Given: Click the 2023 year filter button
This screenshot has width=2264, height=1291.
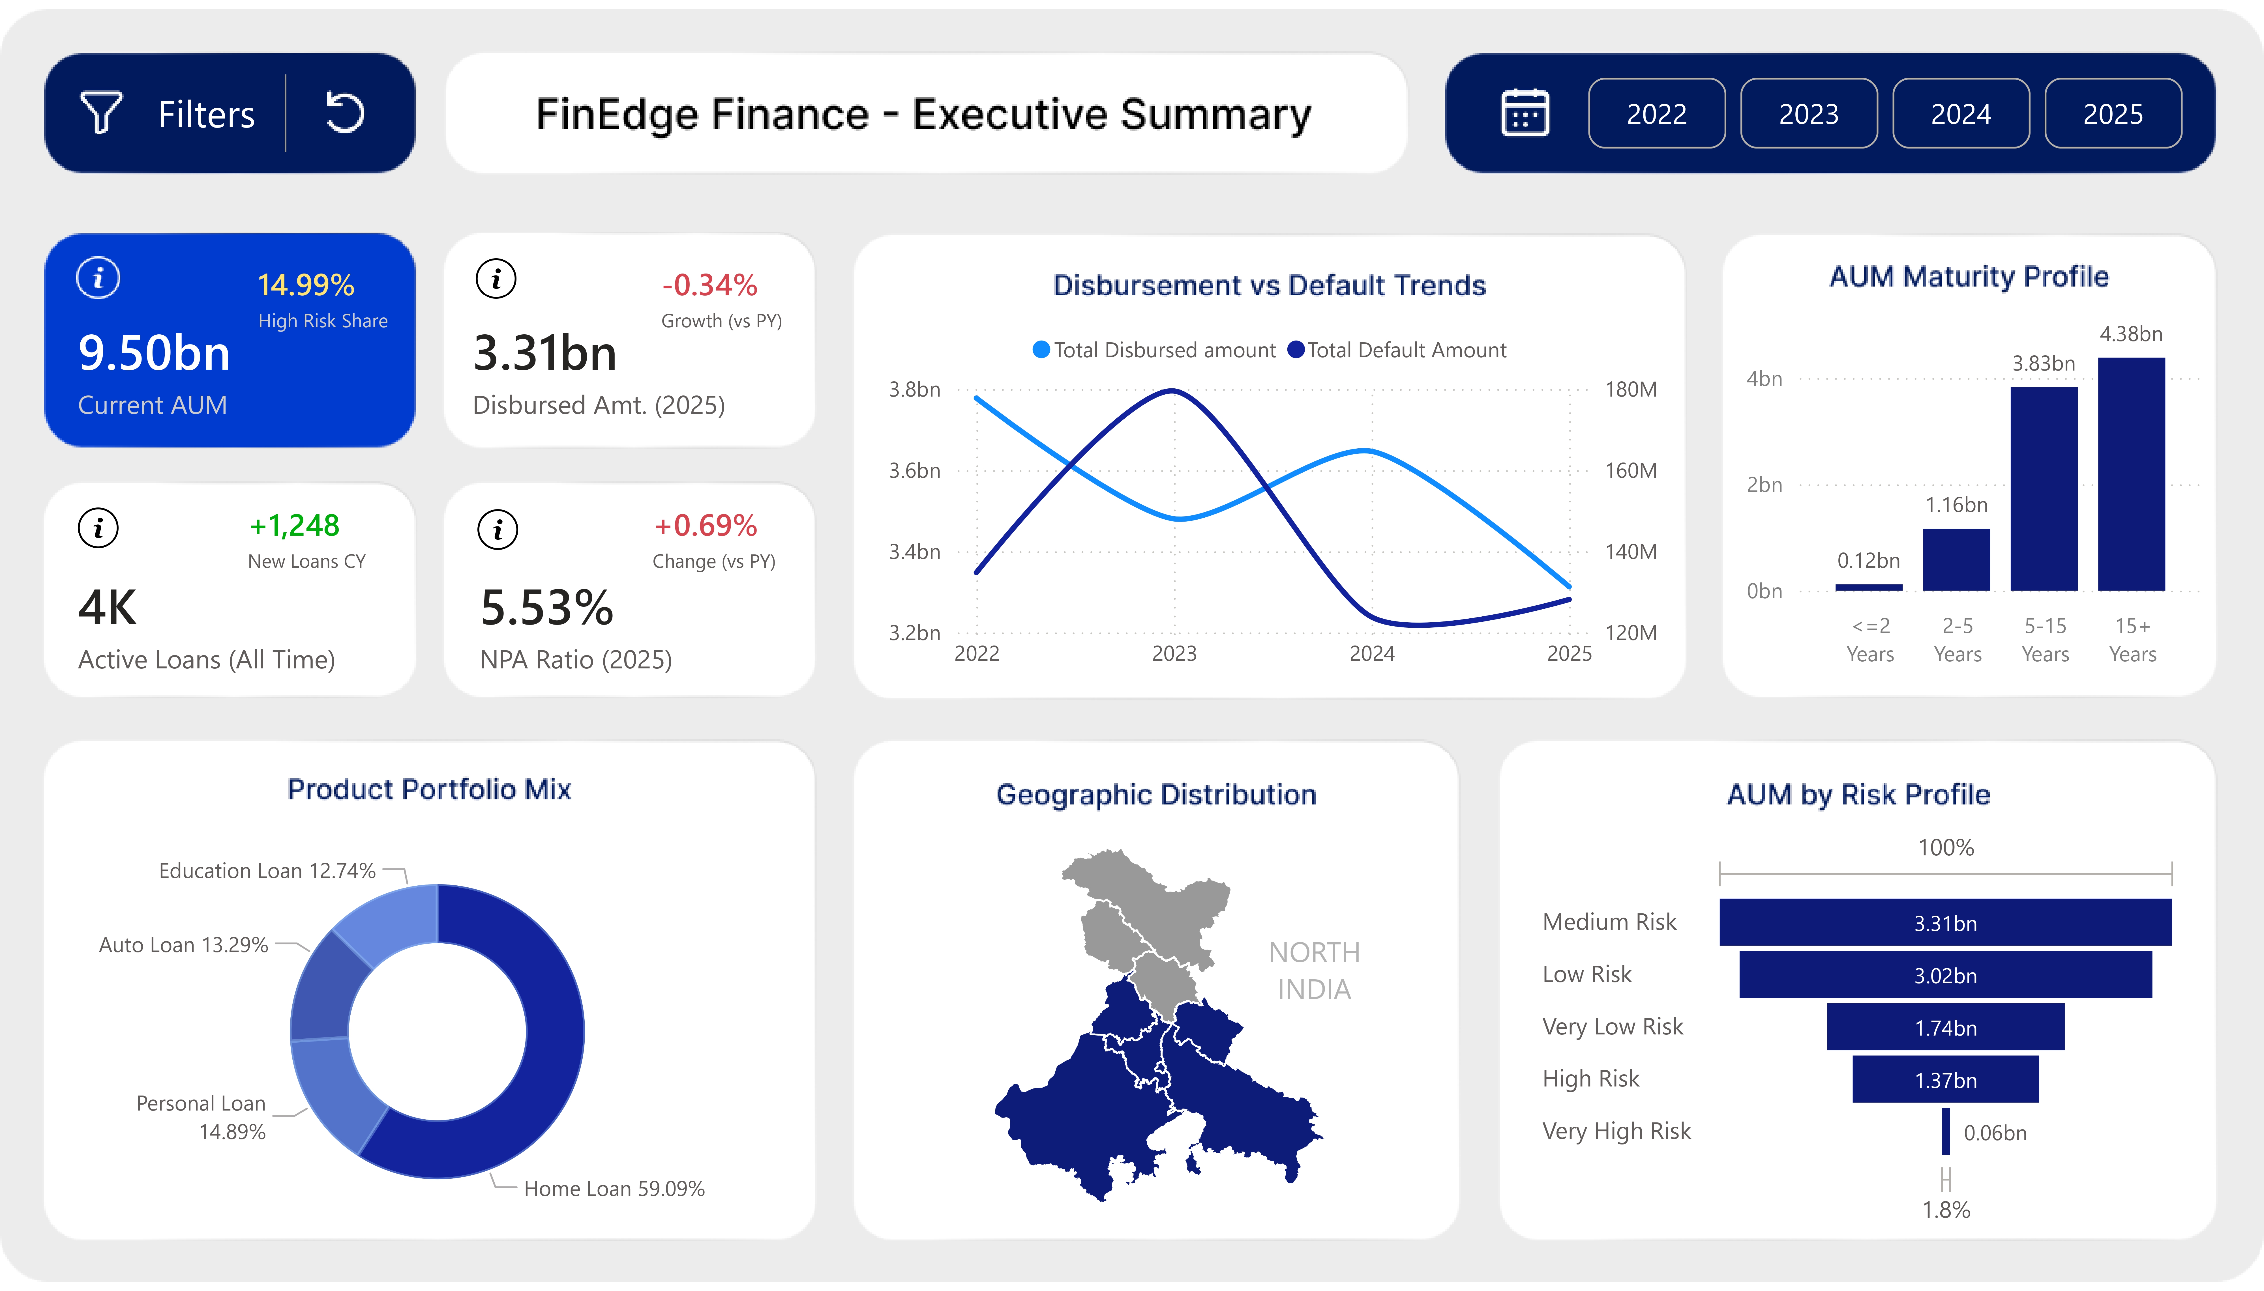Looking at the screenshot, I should click(1808, 113).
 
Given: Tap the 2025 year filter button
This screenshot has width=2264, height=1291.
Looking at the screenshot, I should click(2112, 113).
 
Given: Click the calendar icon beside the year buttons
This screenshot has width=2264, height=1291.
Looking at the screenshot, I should click(1525, 113).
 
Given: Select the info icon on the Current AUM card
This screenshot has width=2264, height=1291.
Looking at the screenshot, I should click(98, 278).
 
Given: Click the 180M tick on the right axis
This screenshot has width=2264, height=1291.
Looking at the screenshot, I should click(1630, 389).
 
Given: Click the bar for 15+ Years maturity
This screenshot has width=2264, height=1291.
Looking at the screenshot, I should click(2131, 474).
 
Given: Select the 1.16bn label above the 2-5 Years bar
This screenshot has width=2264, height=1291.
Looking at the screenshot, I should click(1956, 505).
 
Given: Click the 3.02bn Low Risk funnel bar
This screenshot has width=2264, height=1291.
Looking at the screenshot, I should click(1945, 974).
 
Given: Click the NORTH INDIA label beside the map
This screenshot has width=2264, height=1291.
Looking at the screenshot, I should click(1313, 970).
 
